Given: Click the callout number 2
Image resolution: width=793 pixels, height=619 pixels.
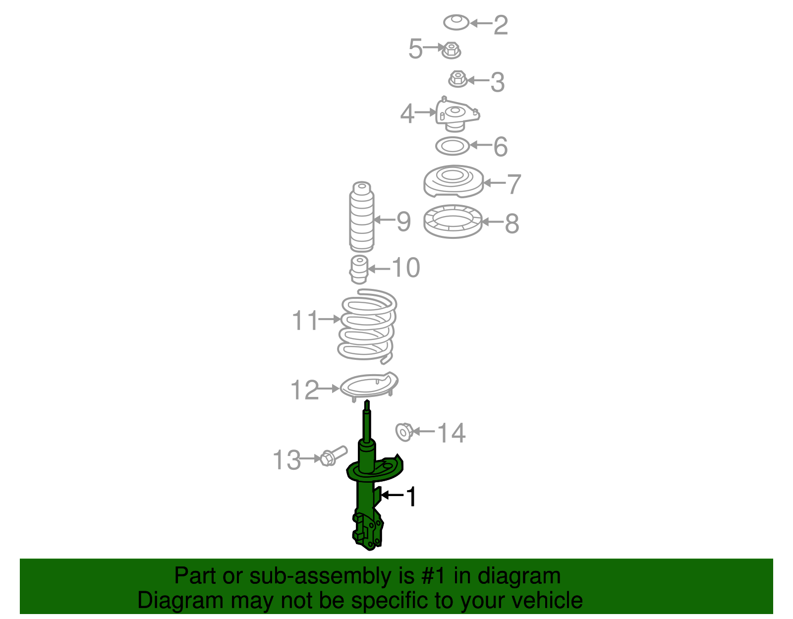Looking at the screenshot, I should tap(501, 25).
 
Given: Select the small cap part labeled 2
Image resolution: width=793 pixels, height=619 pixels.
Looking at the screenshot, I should tap(456, 22).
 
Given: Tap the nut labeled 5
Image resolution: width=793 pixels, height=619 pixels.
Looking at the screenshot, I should tap(451, 50).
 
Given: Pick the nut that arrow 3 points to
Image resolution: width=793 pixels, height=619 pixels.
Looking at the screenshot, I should tap(458, 79).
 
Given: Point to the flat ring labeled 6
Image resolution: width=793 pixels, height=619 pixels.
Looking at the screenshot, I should tap(452, 146).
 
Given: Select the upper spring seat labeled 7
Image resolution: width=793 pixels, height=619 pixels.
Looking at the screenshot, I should tap(453, 181).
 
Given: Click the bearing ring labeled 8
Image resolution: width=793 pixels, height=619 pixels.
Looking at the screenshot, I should tap(453, 221).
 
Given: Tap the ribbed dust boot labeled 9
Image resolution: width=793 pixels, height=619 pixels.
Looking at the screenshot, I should tap(361, 218).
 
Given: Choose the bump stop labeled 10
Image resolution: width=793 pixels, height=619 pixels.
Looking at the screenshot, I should tap(359, 269).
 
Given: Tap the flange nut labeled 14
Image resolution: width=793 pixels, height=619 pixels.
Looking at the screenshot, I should tap(404, 432).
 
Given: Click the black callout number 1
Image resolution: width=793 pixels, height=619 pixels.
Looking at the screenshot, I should tap(411, 497).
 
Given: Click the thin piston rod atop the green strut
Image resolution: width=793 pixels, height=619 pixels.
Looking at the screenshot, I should tap(367, 421).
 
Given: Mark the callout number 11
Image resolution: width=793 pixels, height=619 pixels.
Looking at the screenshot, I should tap(305, 320).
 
